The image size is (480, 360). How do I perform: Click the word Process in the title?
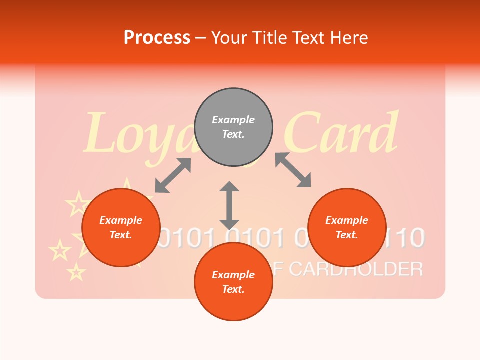click(157, 38)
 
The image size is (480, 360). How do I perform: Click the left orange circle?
click(121, 227)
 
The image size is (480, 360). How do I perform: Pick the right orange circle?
click(347, 227)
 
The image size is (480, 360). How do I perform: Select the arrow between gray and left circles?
click(173, 175)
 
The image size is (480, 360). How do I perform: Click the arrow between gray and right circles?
click(293, 170)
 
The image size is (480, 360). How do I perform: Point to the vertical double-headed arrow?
click(229, 205)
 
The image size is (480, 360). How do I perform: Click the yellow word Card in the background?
click(345, 134)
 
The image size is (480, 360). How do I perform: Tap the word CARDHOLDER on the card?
click(356, 269)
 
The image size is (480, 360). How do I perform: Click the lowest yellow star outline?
click(76, 272)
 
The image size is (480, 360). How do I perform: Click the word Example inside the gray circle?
click(233, 120)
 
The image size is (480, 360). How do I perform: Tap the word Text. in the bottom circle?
click(233, 289)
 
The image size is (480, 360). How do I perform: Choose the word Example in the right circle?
click(347, 220)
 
